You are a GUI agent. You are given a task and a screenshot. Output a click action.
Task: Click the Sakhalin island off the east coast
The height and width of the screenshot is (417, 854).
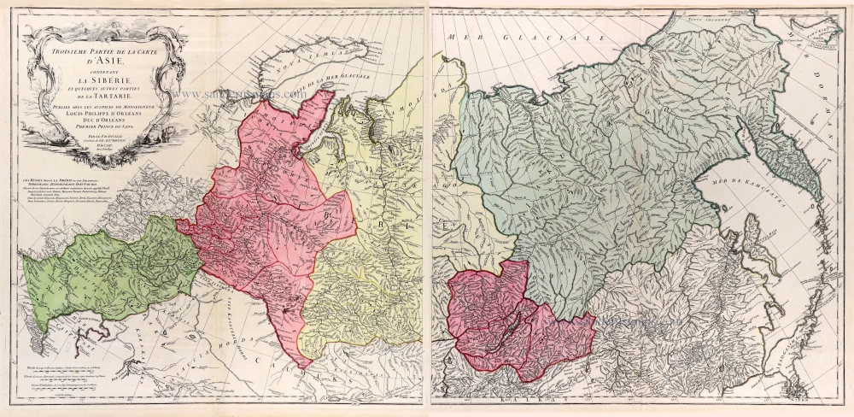752,256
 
